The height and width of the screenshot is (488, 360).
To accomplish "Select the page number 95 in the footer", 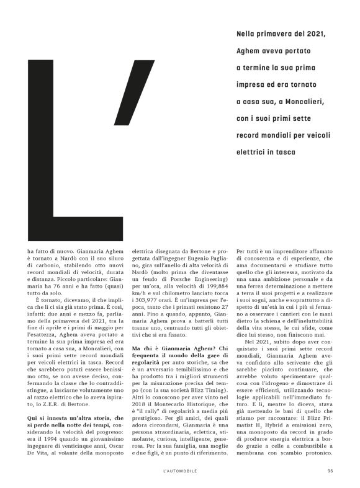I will click(x=331, y=469).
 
